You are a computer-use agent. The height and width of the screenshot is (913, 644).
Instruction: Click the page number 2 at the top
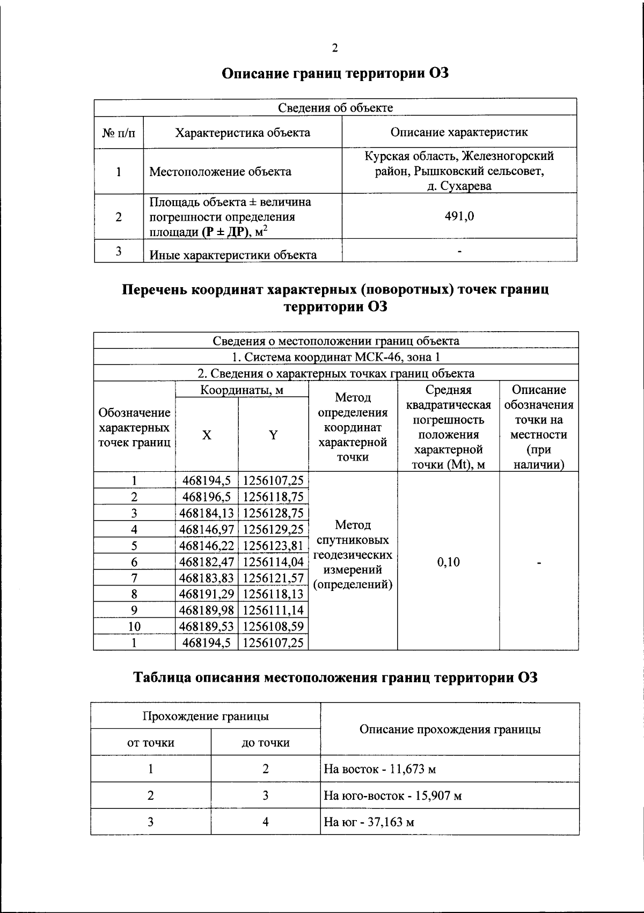coord(335,48)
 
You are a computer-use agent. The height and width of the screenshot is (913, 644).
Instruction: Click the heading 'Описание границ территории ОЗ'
coord(335,74)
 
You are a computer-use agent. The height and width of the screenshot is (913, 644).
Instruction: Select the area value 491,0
coord(459,216)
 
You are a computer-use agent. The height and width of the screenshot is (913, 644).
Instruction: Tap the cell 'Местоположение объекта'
coord(220,172)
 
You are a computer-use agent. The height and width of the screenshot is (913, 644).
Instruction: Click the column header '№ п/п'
coord(119,133)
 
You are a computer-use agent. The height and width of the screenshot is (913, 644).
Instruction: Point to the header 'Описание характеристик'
coord(459,132)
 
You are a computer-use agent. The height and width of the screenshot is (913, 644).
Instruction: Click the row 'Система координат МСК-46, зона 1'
coord(335,357)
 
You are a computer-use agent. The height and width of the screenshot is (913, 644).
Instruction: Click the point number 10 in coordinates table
coord(134,626)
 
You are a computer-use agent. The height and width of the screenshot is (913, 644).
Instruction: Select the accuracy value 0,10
coord(448,562)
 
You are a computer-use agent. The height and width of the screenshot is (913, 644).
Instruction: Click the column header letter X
coord(207,435)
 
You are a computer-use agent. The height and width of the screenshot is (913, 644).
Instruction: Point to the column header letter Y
coord(273,435)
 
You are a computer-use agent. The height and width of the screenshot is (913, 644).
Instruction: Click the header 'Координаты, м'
coord(241,390)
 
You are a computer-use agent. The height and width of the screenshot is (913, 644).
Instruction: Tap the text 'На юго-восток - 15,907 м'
coord(393,795)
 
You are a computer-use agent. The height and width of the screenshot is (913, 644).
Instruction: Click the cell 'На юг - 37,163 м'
coord(369,822)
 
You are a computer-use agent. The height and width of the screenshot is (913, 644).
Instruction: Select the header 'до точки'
coord(266,743)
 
